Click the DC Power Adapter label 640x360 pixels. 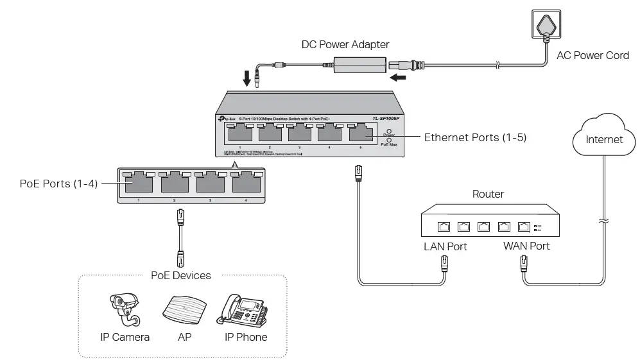pyautogui.click(x=345, y=45)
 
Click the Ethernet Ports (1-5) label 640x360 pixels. pyautogui.click(x=475, y=137)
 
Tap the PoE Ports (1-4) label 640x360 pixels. pyautogui.click(x=58, y=183)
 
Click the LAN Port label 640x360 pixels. pyautogui.click(x=445, y=246)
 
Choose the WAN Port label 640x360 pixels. pyautogui.click(x=526, y=246)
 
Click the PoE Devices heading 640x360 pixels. pyautogui.click(x=180, y=275)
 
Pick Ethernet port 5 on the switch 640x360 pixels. pyautogui.click(x=360, y=133)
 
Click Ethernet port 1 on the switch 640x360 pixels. pyautogui.click(x=240, y=133)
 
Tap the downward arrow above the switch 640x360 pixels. pyautogui.click(x=247, y=79)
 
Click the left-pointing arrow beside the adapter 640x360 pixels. pyautogui.click(x=398, y=78)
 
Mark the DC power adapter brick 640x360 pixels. pyautogui.click(x=359, y=64)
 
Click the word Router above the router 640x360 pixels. pyautogui.click(x=488, y=194)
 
